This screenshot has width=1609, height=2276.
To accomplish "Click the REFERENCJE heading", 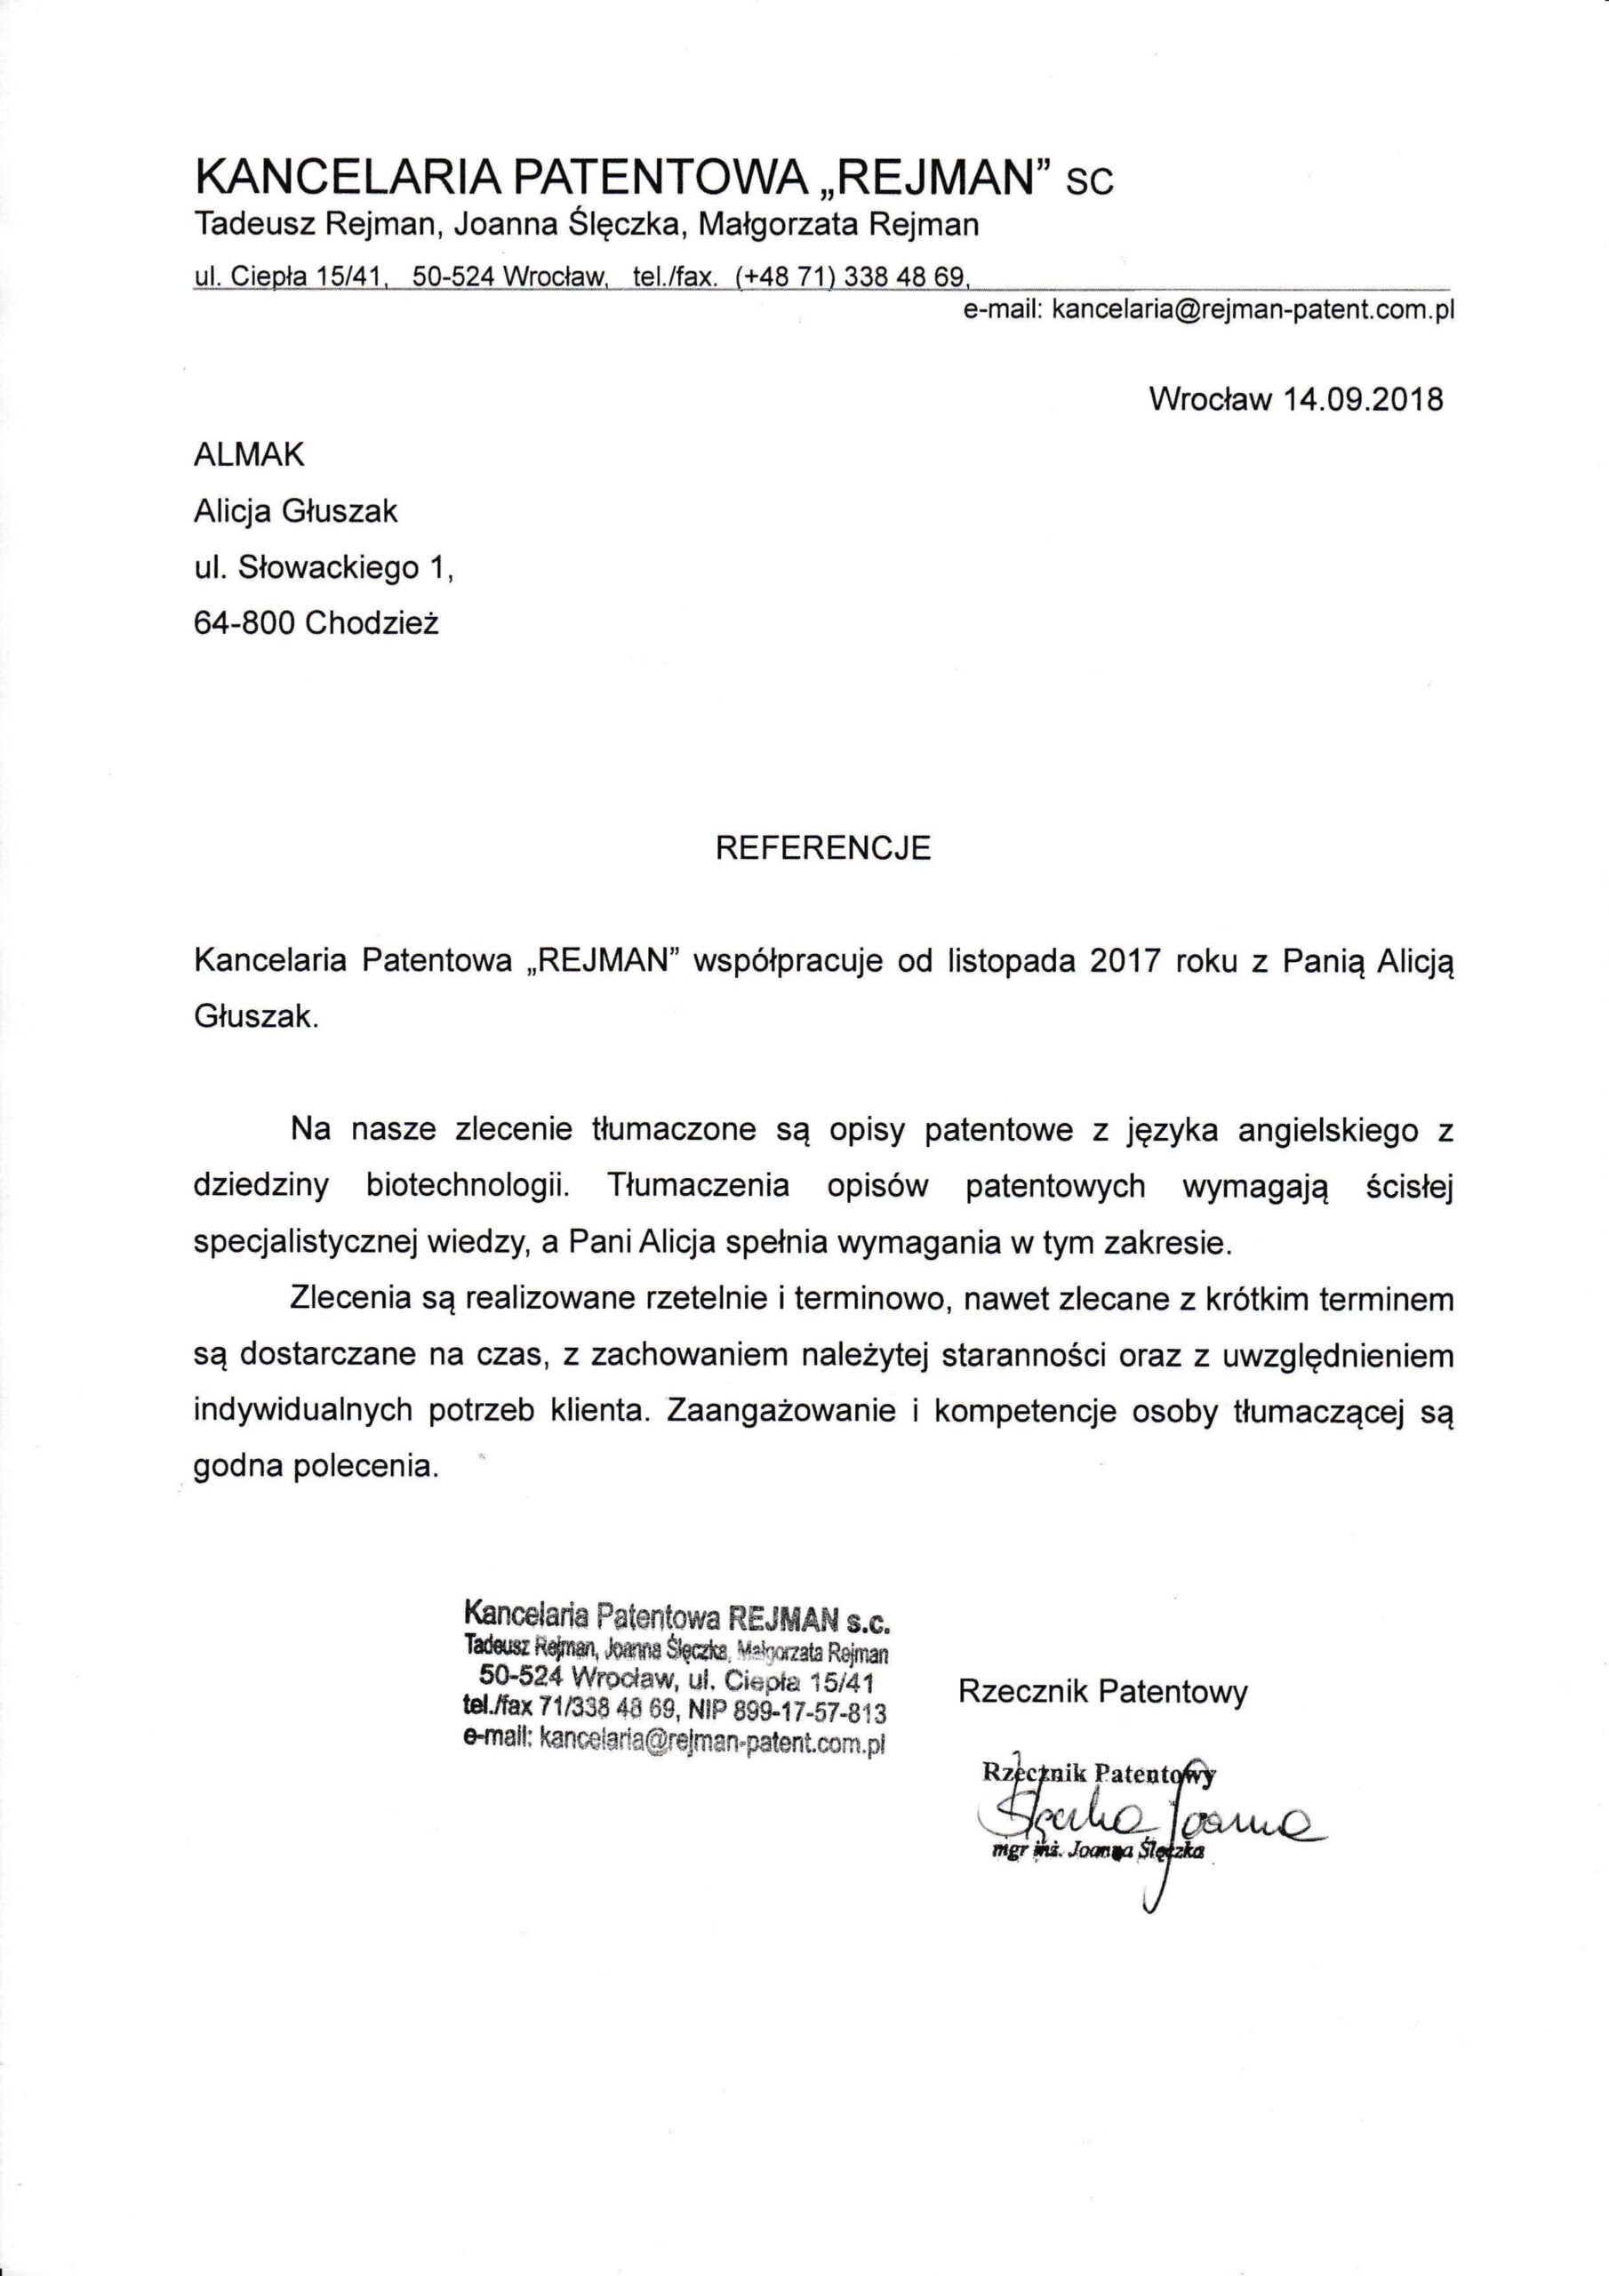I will coord(823,848).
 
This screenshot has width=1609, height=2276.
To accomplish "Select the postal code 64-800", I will coord(244,623).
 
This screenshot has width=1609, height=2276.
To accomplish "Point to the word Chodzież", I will coord(372,623).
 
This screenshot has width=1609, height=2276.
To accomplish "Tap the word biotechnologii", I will coord(468,1187).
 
